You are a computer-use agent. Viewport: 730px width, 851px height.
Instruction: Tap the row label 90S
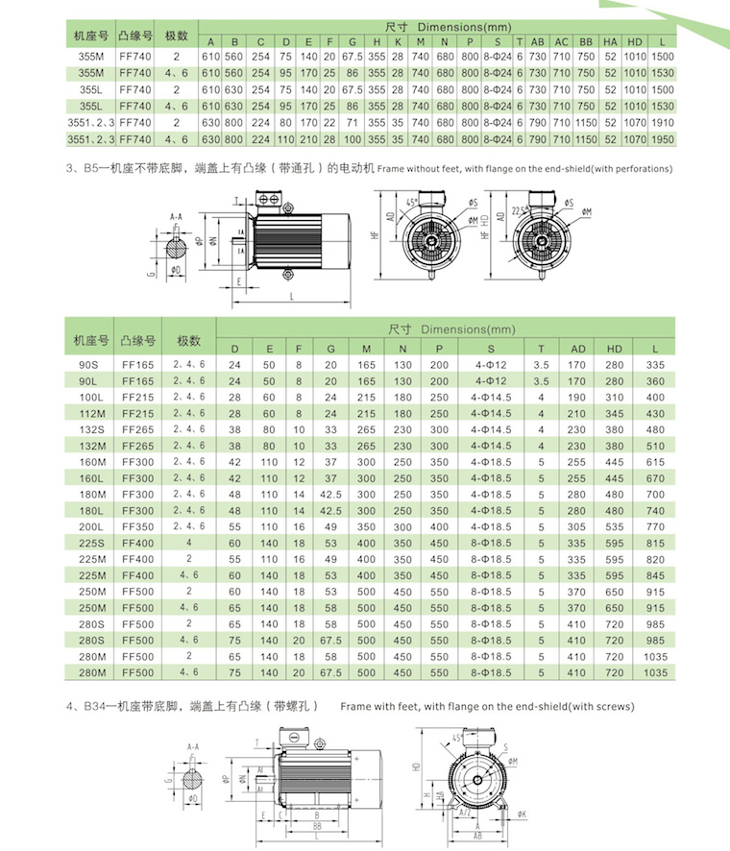[x=90, y=365]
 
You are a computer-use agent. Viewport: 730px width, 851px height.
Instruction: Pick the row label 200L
[x=90, y=526]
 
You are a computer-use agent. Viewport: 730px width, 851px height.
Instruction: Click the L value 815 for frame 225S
[x=656, y=543]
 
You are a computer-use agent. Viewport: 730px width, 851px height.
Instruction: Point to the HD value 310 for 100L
[x=616, y=397]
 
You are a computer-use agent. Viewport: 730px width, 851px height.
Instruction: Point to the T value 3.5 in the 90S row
[x=542, y=365]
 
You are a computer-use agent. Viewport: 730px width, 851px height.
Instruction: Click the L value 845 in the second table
[x=656, y=575]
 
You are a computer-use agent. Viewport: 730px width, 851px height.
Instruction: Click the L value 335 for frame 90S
[x=656, y=365]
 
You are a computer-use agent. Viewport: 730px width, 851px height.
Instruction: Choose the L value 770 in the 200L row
[x=656, y=526]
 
